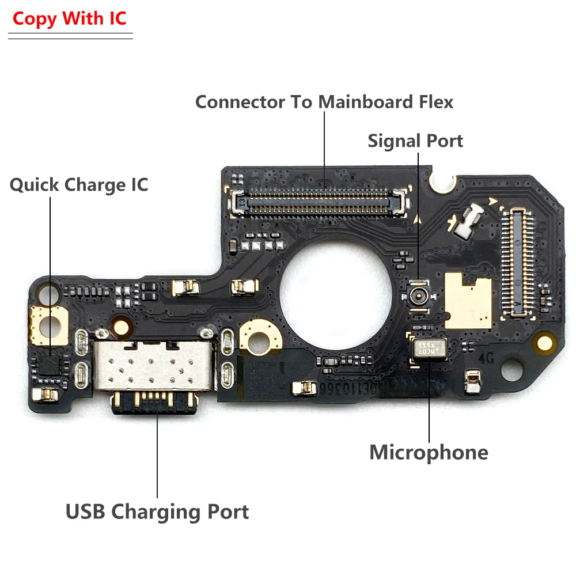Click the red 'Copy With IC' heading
pyautogui.click(x=69, y=18)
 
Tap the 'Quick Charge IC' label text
pyautogui.click(x=79, y=185)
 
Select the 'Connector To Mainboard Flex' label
pyautogui.click(x=324, y=102)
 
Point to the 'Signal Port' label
pyautogui.click(x=415, y=141)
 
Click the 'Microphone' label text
pyautogui.click(x=429, y=452)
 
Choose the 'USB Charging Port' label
pyautogui.click(x=157, y=511)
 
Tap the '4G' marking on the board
pyautogui.click(x=487, y=356)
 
